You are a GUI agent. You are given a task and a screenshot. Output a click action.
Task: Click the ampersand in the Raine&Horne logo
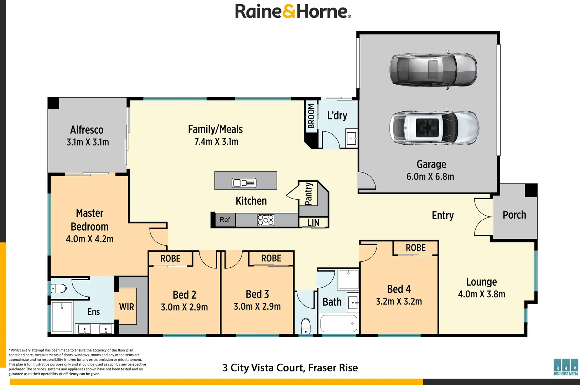(x=289, y=12)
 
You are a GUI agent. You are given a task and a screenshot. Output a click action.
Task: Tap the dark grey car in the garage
(x=434, y=70)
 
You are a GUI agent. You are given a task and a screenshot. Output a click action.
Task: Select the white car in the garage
(x=434, y=128)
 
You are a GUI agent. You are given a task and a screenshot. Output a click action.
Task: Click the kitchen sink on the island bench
(x=244, y=183)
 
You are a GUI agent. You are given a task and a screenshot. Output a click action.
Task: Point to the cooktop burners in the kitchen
(x=266, y=220)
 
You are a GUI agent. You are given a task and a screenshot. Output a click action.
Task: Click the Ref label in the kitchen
(x=225, y=220)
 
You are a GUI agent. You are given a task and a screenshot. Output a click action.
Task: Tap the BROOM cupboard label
(x=311, y=116)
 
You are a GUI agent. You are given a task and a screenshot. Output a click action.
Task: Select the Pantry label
(x=309, y=194)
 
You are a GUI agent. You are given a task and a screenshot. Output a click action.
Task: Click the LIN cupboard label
(x=313, y=222)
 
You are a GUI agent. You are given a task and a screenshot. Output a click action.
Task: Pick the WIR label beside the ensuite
(x=126, y=307)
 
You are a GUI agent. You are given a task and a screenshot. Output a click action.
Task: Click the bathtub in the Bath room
(x=339, y=323)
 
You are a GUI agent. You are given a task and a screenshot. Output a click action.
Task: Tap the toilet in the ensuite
(x=59, y=288)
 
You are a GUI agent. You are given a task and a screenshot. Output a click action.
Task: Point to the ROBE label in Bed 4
(x=415, y=248)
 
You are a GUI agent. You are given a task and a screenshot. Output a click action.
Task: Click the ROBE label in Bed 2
(x=170, y=258)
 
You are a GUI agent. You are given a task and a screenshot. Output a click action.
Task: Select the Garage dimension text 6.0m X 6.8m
(x=430, y=176)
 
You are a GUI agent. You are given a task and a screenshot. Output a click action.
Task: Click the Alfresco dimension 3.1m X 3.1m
(x=88, y=142)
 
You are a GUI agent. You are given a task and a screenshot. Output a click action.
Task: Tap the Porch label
(x=514, y=215)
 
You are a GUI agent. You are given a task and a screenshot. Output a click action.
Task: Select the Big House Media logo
(x=566, y=367)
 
